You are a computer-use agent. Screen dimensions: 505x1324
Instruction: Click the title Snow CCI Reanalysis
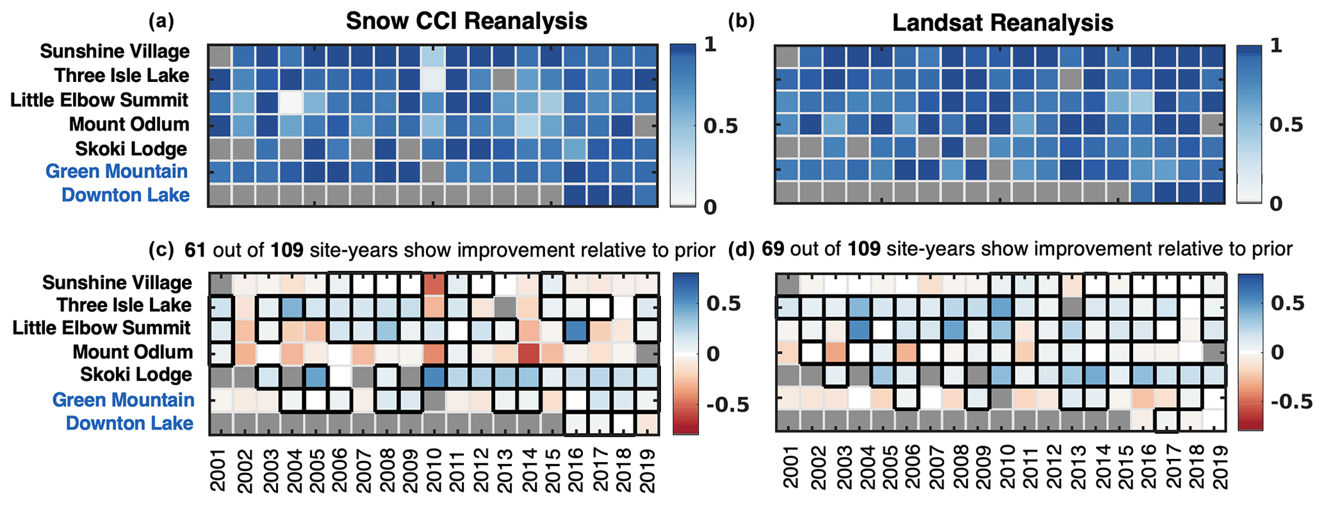[466, 22]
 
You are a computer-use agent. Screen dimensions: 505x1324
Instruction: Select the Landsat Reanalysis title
[1002, 24]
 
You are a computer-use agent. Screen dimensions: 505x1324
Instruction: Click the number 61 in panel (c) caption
[195, 250]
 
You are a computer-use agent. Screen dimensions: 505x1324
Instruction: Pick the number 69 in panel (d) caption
[772, 249]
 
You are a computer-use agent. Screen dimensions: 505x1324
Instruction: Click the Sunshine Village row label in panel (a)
[115, 52]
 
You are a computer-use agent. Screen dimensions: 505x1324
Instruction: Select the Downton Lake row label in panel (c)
[129, 424]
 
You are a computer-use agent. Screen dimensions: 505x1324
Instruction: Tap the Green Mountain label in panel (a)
[117, 172]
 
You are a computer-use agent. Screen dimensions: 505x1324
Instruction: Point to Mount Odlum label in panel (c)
[132, 352]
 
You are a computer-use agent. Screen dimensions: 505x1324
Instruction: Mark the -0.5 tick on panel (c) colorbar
[727, 405]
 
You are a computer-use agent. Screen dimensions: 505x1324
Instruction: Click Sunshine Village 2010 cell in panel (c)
[434, 284]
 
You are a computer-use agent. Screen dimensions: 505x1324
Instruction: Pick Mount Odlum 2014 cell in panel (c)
[528, 353]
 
